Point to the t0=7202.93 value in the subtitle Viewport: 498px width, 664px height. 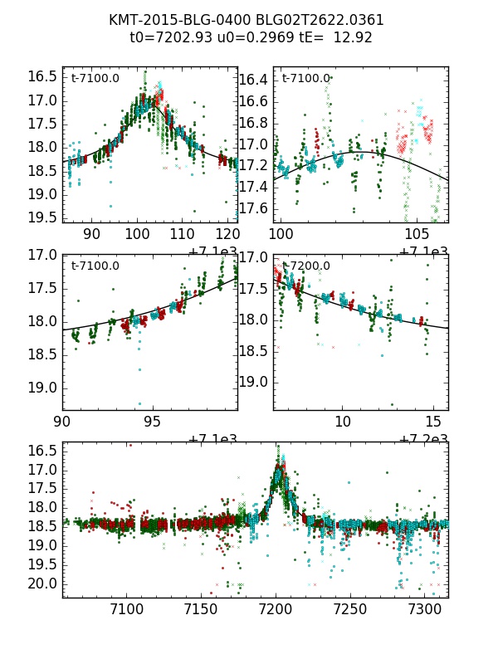[168, 37]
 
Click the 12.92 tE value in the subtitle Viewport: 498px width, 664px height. [353, 37]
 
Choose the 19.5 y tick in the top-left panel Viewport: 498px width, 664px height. [43, 217]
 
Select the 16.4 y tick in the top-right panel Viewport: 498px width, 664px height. [254, 80]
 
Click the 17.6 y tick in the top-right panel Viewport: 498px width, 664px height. [254, 208]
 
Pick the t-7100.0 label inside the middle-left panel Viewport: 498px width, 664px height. [95, 266]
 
